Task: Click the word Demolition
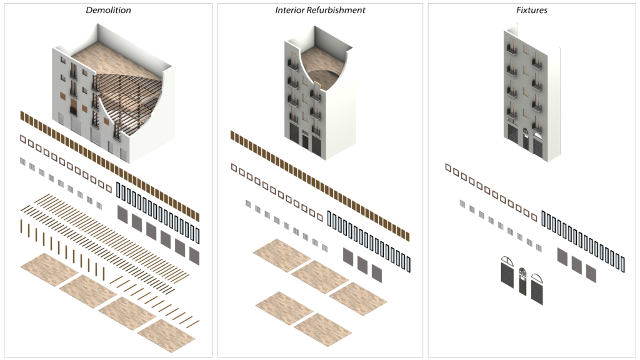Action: pos(108,10)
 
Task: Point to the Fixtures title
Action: pos(531,10)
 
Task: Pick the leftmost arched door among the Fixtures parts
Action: pos(507,272)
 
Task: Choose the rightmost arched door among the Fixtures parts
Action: pos(537,289)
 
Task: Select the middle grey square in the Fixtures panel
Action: pos(576,264)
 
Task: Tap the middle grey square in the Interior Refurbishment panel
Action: pos(362,264)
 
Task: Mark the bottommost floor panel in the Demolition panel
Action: pos(166,336)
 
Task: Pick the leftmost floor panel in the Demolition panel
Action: pos(49,270)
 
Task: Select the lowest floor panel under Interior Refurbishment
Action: pos(322,329)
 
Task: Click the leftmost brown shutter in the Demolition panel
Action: pos(22,116)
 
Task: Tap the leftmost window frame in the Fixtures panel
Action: pos(448,167)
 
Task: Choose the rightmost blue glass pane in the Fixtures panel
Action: pos(622,264)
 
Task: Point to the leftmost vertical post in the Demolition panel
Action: pos(21,226)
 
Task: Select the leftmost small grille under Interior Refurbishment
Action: pos(247,203)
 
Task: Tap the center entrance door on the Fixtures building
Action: pos(525,138)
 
